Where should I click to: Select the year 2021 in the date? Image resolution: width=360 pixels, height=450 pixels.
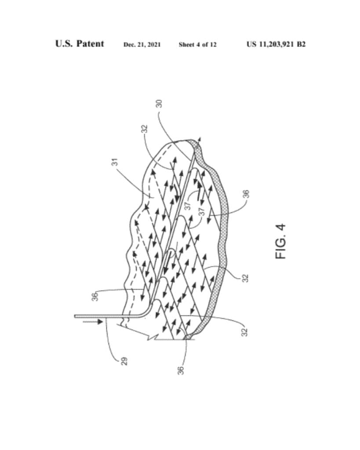coord(155,44)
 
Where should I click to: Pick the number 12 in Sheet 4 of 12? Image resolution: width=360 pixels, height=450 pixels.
coord(213,44)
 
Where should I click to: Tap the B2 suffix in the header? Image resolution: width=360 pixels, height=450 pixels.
coord(301,44)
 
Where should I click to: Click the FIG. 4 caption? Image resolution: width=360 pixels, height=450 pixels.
coord(281,241)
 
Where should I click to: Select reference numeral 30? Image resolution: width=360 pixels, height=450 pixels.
coord(159,104)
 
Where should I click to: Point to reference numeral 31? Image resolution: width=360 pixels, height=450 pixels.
coord(115,162)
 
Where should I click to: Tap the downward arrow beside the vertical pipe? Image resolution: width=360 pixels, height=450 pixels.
coord(92,322)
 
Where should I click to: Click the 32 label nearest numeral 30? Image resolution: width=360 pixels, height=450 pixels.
coord(145,129)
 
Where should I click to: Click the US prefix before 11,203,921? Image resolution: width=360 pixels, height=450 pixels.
coord(251,44)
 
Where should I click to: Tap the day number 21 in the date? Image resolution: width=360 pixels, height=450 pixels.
coord(144,44)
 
